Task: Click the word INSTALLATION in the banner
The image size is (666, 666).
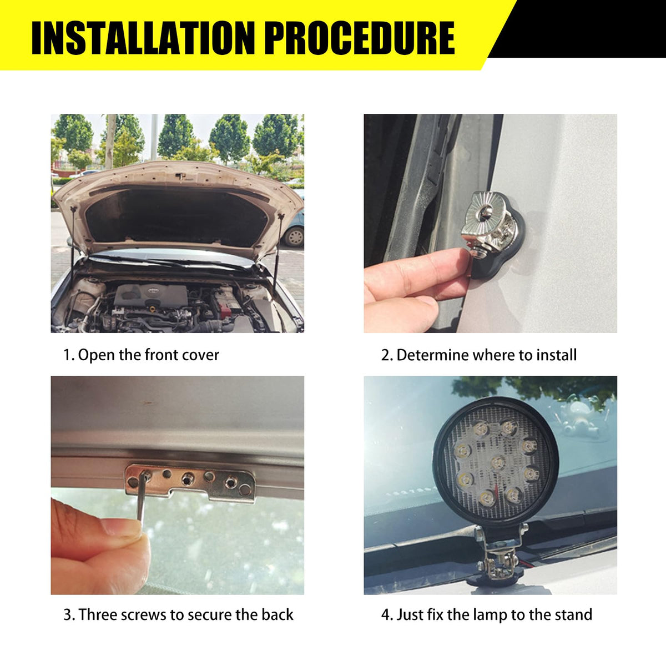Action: pyautogui.click(x=143, y=38)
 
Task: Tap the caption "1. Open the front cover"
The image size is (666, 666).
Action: pyautogui.click(x=141, y=356)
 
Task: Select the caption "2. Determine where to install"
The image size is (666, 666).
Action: pyautogui.click(x=479, y=355)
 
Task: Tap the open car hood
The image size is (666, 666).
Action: pyautogui.click(x=178, y=208)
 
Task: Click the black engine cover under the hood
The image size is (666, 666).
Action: pyautogui.click(x=150, y=295)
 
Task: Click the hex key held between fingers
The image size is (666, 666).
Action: pyautogui.click(x=142, y=498)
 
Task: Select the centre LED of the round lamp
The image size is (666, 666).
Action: pyautogui.click(x=498, y=462)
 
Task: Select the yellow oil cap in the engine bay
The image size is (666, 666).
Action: pyautogui.click(x=151, y=307)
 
